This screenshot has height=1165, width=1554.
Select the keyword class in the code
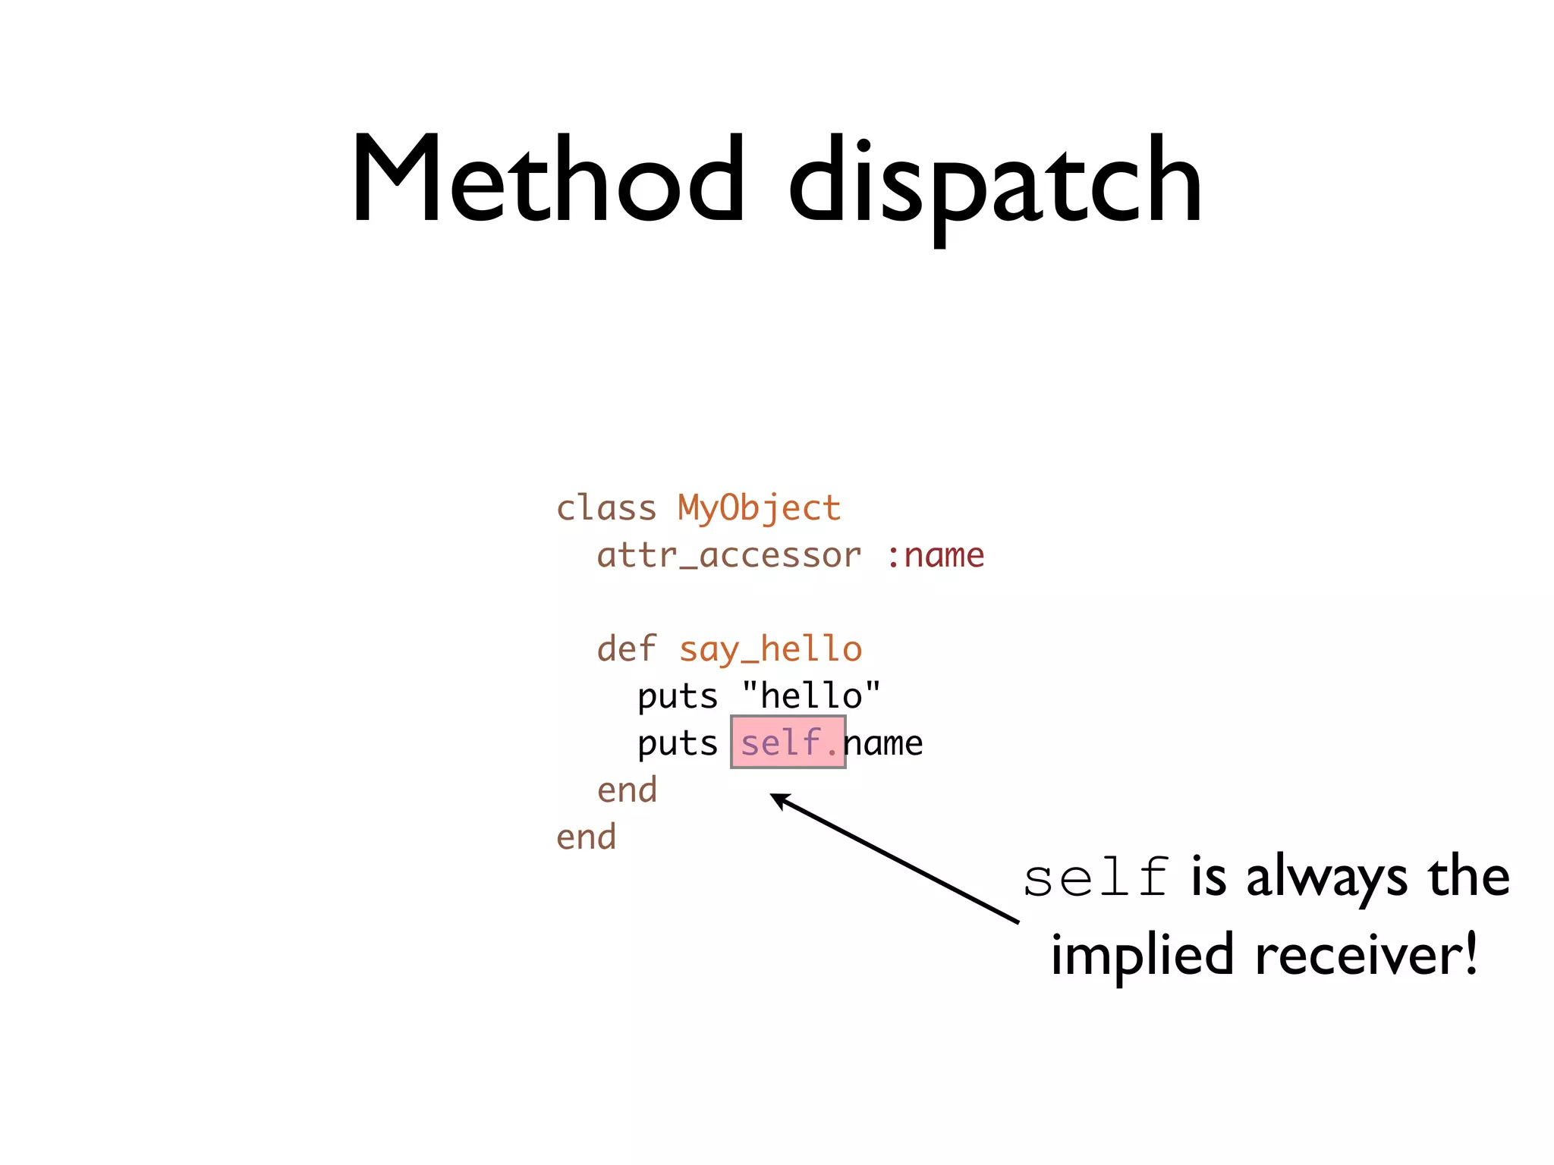(606, 508)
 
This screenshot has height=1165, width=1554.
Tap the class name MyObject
(760, 508)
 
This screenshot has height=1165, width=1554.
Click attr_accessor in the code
(729, 556)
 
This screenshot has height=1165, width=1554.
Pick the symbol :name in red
(935, 556)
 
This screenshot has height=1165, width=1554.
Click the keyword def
(627, 649)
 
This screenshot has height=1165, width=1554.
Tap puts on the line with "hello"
(677, 697)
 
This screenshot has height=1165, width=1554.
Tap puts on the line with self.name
(677, 744)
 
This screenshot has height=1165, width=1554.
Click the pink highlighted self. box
(788, 742)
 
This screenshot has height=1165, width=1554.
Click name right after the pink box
(885, 744)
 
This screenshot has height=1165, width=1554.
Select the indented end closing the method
(627, 790)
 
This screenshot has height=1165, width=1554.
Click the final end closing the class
(586, 837)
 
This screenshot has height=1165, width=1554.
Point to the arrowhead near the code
(777, 798)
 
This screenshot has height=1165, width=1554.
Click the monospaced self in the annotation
(1095, 878)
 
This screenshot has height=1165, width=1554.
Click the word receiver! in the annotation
(1366, 954)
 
